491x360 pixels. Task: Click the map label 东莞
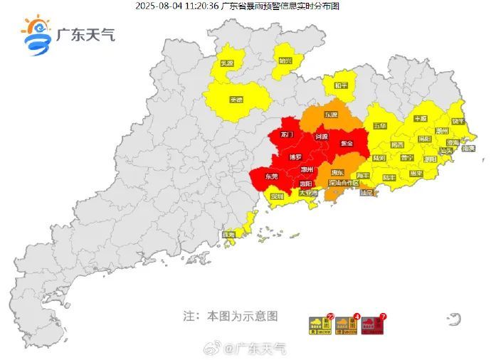click(271, 176)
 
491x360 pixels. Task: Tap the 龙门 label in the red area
click(287, 134)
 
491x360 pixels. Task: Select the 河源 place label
click(322, 137)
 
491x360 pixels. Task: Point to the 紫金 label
click(347, 143)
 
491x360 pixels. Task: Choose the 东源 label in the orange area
click(331, 114)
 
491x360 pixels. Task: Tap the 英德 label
click(236, 100)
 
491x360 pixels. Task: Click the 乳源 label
click(226, 63)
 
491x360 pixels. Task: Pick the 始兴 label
click(285, 60)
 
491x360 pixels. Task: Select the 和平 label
click(342, 85)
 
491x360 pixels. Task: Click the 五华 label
click(380, 125)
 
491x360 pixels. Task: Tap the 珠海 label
click(229, 234)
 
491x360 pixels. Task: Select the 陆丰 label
click(389, 176)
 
